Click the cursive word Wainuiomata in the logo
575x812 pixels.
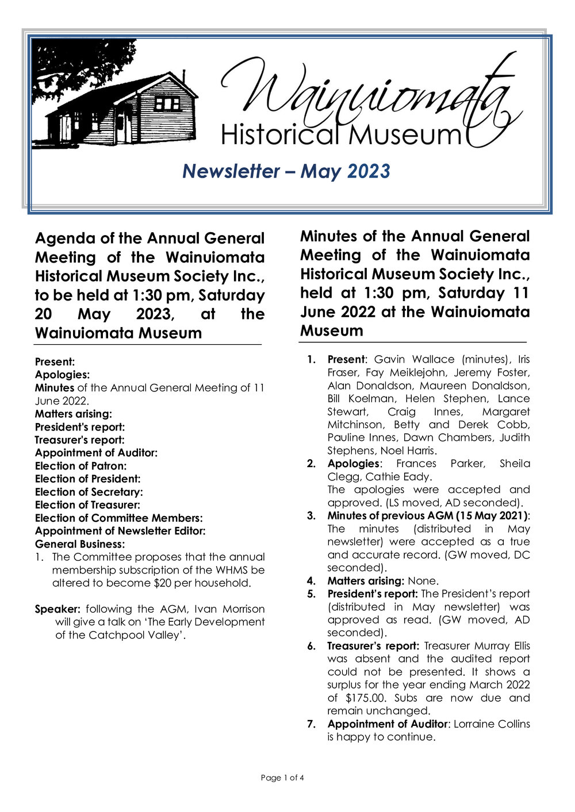pos(368,92)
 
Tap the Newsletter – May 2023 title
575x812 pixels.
pos(286,171)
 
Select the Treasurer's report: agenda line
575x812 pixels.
pos(79,440)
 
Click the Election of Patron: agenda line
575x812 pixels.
pos(80,466)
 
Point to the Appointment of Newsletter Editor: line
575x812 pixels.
pos(120,531)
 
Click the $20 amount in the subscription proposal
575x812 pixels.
pos(163,583)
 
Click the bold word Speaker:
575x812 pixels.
pos(57,609)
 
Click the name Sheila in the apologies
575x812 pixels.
pos(515,463)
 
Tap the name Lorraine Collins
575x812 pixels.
pos(492,724)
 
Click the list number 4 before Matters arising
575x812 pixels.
pos(311,580)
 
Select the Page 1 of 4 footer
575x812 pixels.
pos(282,778)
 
